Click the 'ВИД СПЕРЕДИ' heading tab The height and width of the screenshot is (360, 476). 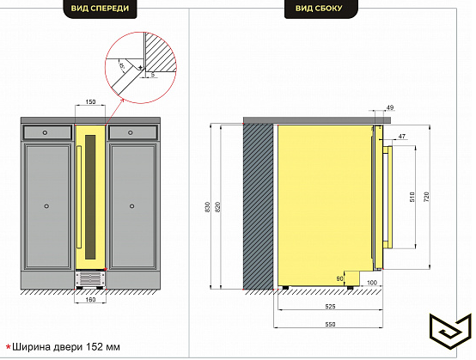(x=100, y=9)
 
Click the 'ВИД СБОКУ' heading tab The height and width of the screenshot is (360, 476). (x=319, y=9)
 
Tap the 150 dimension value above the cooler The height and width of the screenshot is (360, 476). (x=90, y=101)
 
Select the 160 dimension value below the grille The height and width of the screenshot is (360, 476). (x=90, y=300)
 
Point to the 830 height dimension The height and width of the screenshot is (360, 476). (x=208, y=207)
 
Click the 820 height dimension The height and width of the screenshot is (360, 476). (x=217, y=207)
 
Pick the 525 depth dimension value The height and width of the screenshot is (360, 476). (x=330, y=307)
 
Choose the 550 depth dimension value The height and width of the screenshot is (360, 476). (x=330, y=325)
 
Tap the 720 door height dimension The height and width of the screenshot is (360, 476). (x=426, y=198)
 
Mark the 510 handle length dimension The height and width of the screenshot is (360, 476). (x=412, y=198)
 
